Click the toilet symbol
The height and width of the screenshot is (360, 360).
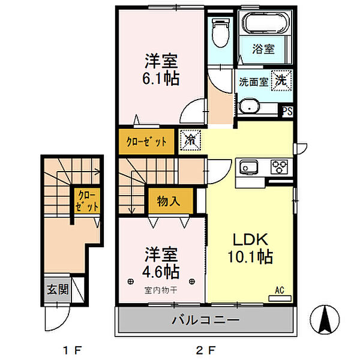(x=221, y=32)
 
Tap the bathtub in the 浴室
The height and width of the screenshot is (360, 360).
(x=266, y=23)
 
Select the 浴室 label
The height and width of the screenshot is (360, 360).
(x=263, y=49)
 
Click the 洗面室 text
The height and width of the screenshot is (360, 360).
(x=253, y=82)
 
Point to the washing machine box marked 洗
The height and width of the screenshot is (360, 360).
(x=281, y=80)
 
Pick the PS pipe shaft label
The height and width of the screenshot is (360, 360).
(x=287, y=112)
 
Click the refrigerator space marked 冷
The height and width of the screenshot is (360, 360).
(x=190, y=140)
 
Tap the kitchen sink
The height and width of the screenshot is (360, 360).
(x=248, y=167)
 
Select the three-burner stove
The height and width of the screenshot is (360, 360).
(x=279, y=166)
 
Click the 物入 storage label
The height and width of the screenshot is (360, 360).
(x=169, y=202)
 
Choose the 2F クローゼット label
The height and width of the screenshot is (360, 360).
(x=146, y=142)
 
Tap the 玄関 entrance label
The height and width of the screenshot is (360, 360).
(x=58, y=289)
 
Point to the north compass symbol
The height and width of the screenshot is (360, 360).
(x=325, y=319)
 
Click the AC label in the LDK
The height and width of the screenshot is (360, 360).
(x=280, y=290)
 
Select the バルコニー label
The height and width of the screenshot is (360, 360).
(x=206, y=320)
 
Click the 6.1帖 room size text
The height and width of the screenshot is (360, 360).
(x=161, y=79)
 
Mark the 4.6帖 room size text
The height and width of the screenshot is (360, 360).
(x=161, y=272)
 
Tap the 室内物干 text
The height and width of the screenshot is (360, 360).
(x=161, y=290)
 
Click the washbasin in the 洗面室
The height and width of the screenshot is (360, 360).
(x=250, y=107)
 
